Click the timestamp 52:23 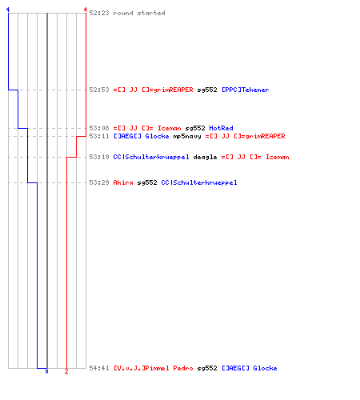point(99,13)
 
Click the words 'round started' point(139,13)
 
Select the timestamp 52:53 point(99,90)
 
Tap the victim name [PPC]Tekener point(246,90)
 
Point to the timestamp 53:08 point(99,128)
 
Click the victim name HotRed point(221,128)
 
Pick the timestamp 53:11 point(99,136)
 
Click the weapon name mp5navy point(187,137)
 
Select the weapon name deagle point(205,158)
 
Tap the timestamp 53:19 point(99,157)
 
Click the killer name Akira point(123,182)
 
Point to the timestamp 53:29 point(99,182)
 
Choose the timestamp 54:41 point(99,368)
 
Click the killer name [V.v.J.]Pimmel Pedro point(154,368)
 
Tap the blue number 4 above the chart point(8,10)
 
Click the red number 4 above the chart point(86,10)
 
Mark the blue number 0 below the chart point(46,371)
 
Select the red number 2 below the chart point(66,371)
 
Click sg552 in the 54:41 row point(207,369)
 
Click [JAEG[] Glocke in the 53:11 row point(142,136)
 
